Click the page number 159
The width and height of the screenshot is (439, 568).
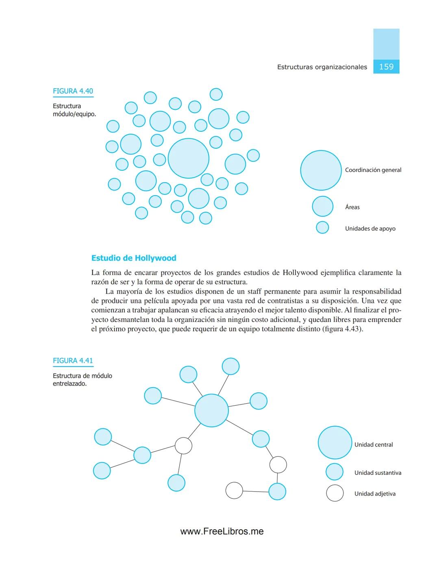(x=386, y=67)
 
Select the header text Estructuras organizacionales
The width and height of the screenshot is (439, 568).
(x=322, y=67)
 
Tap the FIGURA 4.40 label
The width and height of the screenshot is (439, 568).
(x=73, y=91)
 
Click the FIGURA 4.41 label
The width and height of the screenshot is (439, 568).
(x=73, y=361)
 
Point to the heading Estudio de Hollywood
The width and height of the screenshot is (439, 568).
(x=134, y=258)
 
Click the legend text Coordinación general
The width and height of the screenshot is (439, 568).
(x=373, y=170)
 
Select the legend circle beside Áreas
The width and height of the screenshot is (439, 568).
(x=322, y=206)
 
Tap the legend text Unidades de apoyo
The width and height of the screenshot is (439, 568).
(x=370, y=229)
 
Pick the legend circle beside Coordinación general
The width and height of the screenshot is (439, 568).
(x=321, y=170)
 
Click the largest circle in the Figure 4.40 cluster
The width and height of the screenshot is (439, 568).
(x=188, y=158)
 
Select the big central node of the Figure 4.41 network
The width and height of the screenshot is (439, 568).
(x=211, y=410)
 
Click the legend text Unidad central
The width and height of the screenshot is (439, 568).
(x=373, y=445)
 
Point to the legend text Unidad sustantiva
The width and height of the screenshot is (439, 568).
(x=378, y=473)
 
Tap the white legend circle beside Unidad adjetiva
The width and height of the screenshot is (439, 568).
(x=335, y=493)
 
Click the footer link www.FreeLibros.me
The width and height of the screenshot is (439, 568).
(x=222, y=531)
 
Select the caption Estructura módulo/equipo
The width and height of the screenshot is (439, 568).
(x=74, y=110)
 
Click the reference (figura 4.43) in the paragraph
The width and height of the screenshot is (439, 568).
(x=342, y=329)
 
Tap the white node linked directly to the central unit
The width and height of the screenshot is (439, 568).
(x=183, y=446)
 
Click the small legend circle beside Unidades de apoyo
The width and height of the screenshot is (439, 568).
(x=322, y=227)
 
